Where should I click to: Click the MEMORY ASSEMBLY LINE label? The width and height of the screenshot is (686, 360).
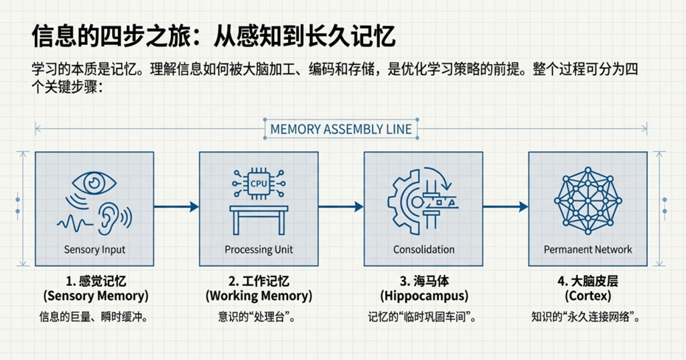341,129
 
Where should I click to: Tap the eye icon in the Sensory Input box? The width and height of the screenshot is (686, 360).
94,182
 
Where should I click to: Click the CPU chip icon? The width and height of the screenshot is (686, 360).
259,182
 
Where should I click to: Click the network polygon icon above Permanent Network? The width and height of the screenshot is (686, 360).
588,200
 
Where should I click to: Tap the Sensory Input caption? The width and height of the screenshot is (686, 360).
94,249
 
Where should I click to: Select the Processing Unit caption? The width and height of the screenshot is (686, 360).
259,249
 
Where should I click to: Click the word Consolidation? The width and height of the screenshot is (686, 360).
423,249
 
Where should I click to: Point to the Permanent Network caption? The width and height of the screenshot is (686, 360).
588,249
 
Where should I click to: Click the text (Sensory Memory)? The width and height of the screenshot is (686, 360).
95,296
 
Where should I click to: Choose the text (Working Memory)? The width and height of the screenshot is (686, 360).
259,296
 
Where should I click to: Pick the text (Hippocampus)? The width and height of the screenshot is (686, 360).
423,296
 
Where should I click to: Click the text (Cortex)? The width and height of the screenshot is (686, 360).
588,296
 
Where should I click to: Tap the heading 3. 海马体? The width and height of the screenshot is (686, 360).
423,281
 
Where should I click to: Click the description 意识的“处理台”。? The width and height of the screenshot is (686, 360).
259,317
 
